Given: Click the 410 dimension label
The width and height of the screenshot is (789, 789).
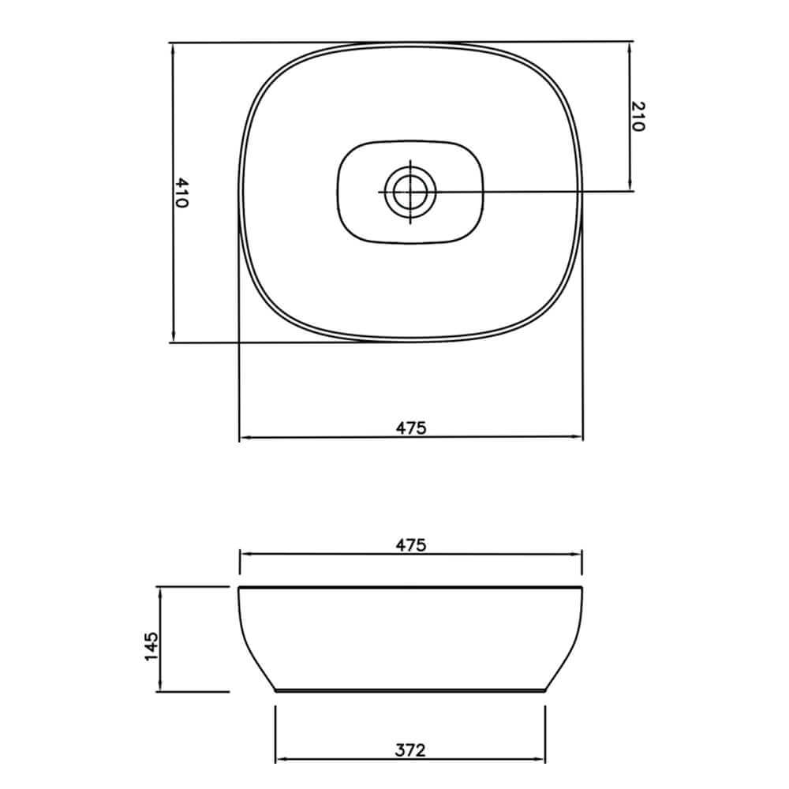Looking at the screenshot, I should point(182,193).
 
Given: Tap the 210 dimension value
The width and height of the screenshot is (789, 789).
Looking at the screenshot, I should point(638,116).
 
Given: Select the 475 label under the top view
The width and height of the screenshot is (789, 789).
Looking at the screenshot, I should point(411,428).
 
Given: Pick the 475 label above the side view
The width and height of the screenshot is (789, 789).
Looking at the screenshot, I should point(411,545).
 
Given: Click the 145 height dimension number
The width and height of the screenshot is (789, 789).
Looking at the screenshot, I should point(152,646).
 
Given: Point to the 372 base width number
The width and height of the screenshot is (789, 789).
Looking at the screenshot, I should point(411,750).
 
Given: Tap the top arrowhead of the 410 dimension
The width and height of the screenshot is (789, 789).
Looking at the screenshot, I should point(172,48).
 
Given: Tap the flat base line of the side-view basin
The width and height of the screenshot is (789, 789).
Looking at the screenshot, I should point(410,690).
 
